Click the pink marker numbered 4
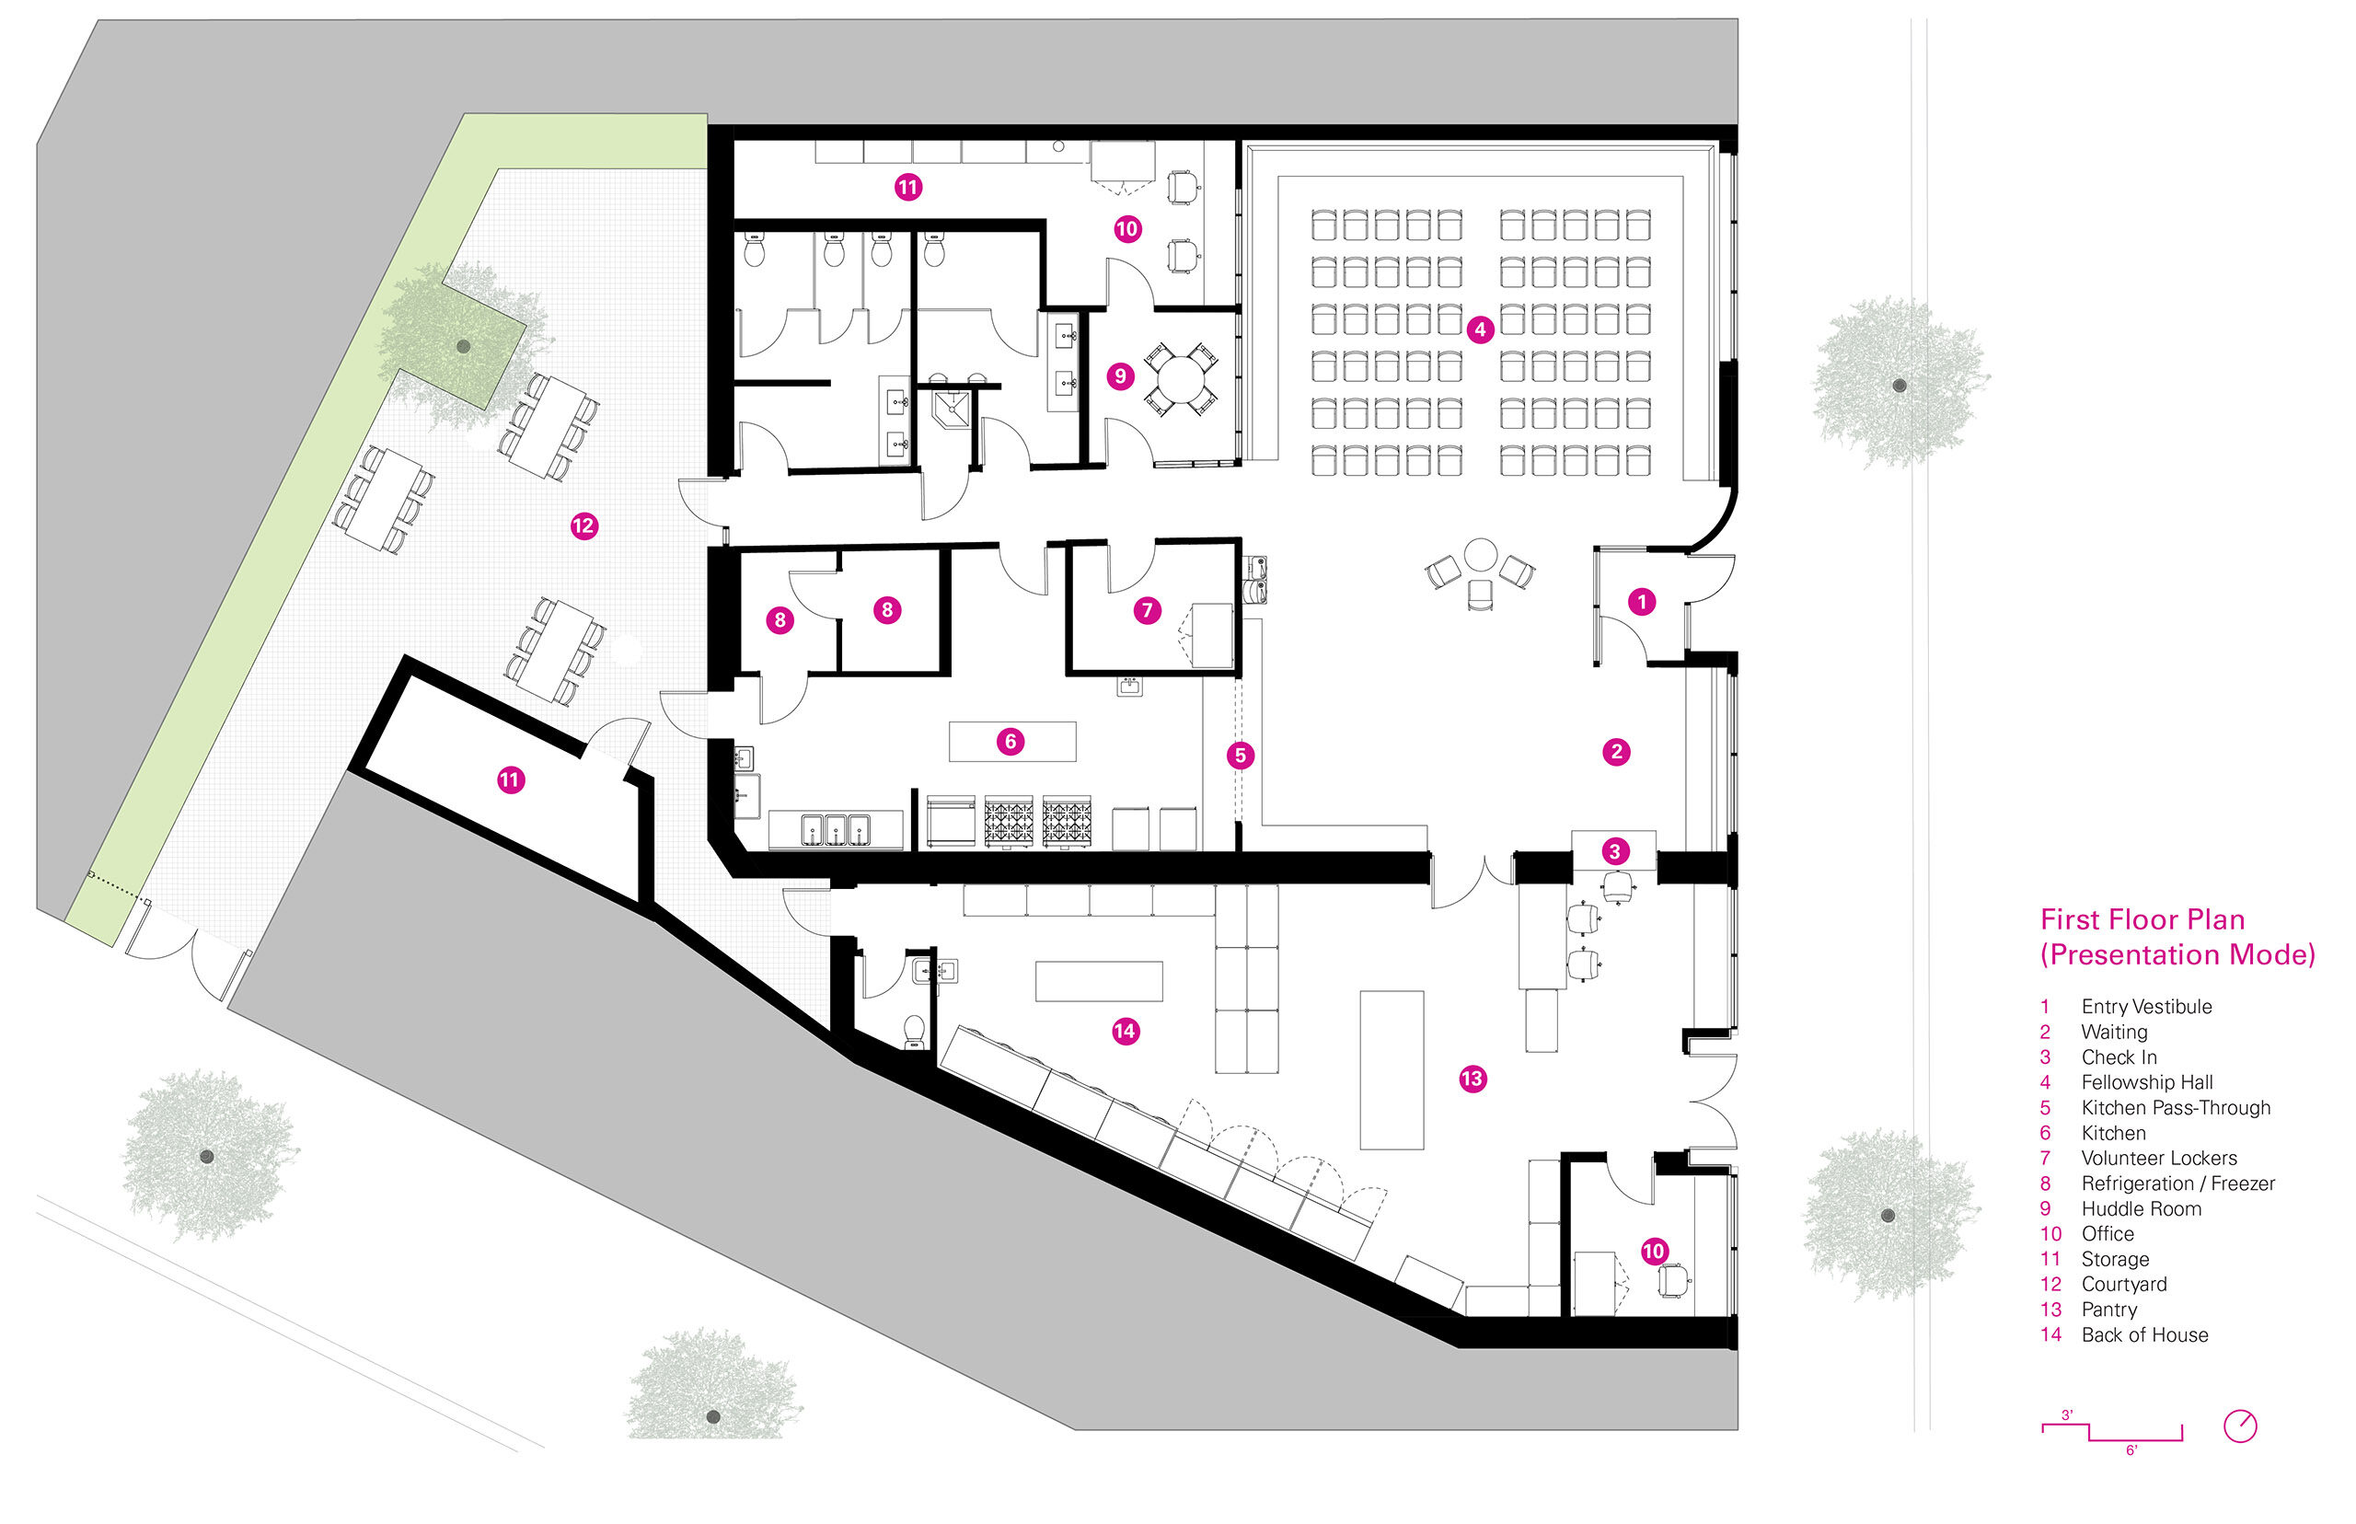coord(1479,329)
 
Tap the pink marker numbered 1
coord(1642,602)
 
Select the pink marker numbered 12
coord(583,525)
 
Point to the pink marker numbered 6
coord(1011,741)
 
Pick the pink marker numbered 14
coord(1125,1031)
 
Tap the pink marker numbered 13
coord(1472,1079)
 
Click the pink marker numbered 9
coord(1120,376)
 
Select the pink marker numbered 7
coord(1148,609)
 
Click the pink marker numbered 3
coord(1615,851)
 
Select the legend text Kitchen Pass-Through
coord(2176,1108)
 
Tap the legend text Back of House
coord(2144,1335)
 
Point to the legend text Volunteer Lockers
coord(2159,1158)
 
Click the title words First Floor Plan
coord(2142,920)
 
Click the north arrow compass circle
coord(2240,1426)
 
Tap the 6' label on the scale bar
coord(2131,1450)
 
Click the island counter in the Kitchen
coord(1012,741)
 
